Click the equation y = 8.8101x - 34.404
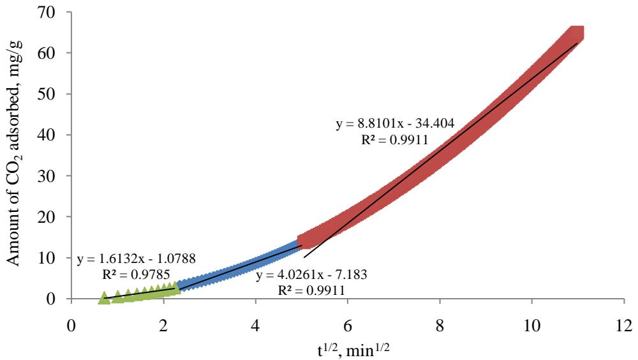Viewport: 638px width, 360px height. tap(395, 124)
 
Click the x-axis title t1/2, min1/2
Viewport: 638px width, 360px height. tap(347, 347)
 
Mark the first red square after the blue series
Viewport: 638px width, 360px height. tap(305, 240)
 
